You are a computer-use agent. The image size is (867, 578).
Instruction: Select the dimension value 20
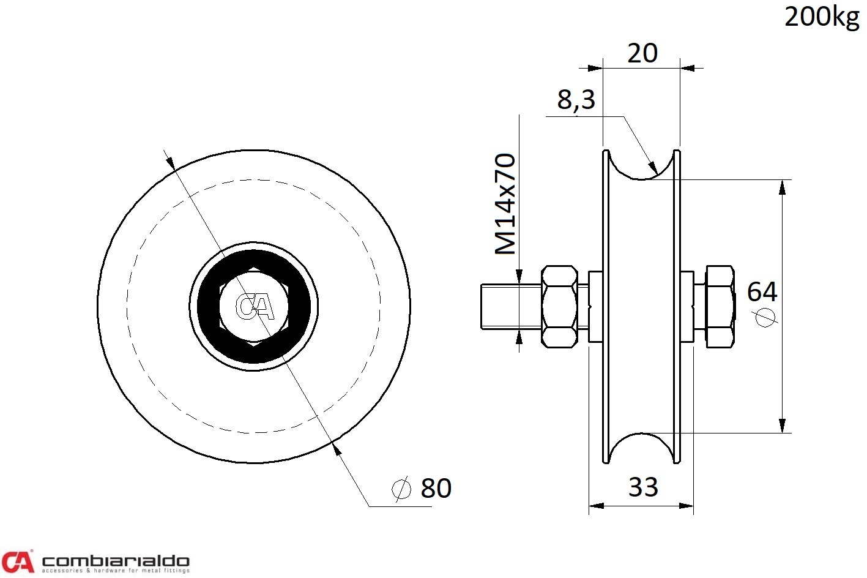coord(642,53)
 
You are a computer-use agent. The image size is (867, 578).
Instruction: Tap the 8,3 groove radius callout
coord(576,100)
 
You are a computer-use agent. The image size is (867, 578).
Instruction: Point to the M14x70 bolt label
coord(505,204)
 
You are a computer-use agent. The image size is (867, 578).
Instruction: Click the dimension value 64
coord(762,291)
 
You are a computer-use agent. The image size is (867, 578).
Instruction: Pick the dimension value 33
coord(643,487)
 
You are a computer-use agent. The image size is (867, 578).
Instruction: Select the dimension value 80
coord(436,488)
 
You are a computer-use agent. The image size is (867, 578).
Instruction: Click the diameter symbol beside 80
coord(401,489)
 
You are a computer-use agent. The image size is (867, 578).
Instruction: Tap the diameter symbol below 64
coord(765,318)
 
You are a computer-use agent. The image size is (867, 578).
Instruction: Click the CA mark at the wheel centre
coord(255,307)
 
